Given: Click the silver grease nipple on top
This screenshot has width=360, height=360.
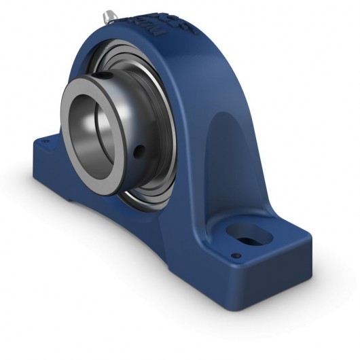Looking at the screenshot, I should pyautogui.click(x=109, y=15).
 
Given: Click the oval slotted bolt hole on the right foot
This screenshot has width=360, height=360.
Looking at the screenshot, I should pyautogui.click(x=251, y=235).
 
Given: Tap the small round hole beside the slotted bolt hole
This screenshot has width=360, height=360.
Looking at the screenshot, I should pyautogui.click(x=236, y=256).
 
